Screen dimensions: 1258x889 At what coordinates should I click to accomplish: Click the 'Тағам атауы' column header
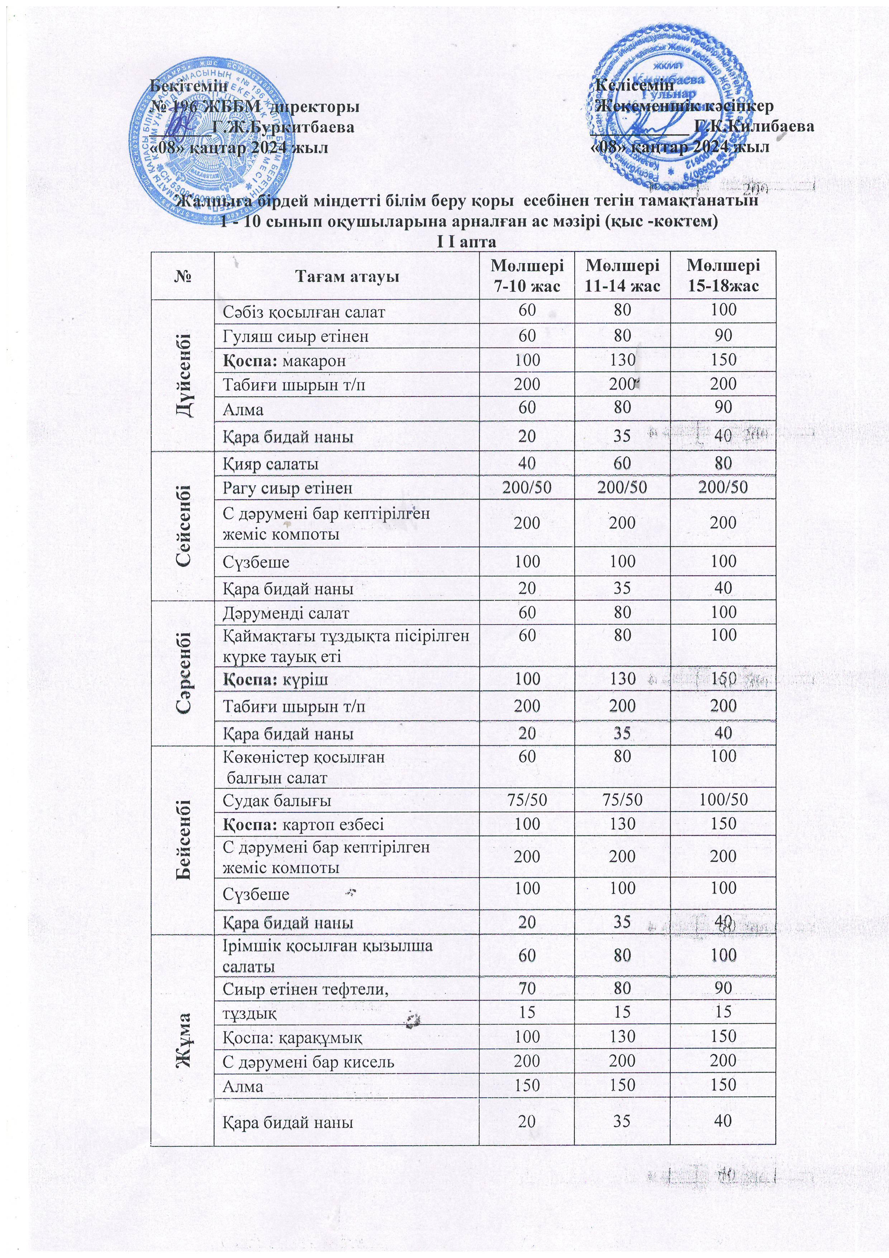pyautogui.click(x=346, y=276)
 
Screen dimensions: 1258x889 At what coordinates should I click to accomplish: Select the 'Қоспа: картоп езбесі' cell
pyautogui.click(x=303, y=824)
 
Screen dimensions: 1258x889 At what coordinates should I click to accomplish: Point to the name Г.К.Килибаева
pyautogui.click(x=754, y=127)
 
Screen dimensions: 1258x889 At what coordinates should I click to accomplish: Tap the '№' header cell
pyautogui.click(x=183, y=276)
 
